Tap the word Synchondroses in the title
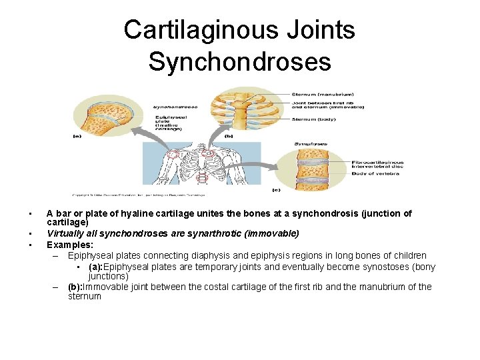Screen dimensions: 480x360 pos(239,61)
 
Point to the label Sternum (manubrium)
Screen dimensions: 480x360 pos(323,94)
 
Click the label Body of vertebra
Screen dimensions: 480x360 pos(375,173)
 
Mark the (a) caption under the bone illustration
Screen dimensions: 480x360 pos(78,136)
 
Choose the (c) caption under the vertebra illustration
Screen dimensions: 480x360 pos(276,189)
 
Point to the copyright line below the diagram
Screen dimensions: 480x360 pos(139,195)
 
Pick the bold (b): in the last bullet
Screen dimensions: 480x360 pos(80,287)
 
